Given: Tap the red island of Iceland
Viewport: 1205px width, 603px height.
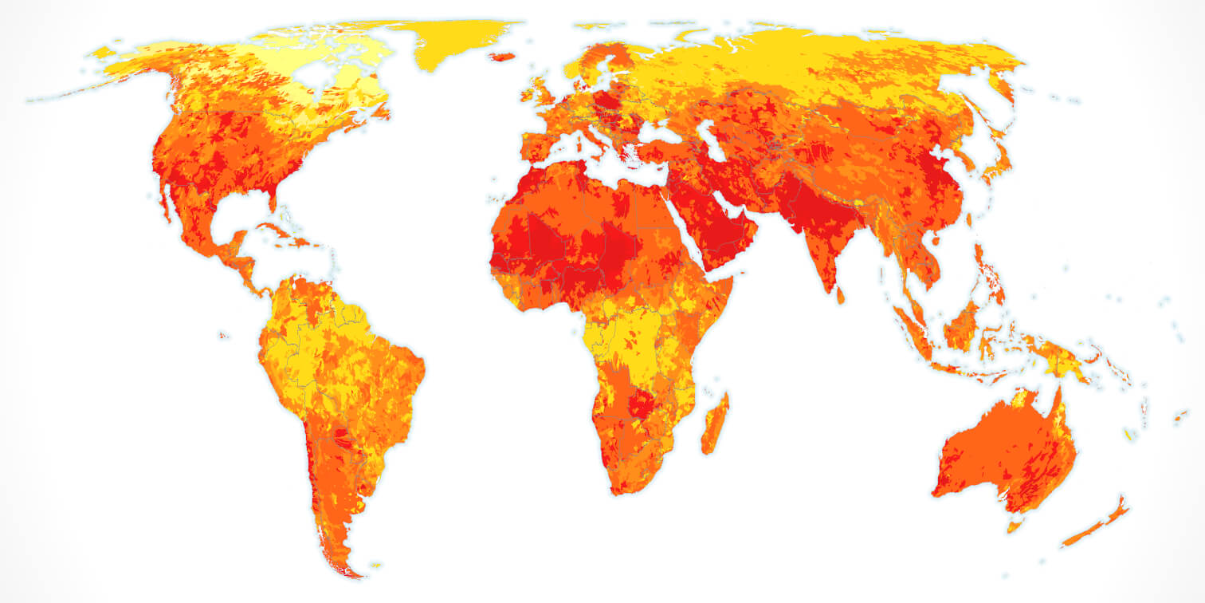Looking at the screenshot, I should point(502,57).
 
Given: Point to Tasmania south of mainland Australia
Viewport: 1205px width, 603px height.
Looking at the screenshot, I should point(1015,525).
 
